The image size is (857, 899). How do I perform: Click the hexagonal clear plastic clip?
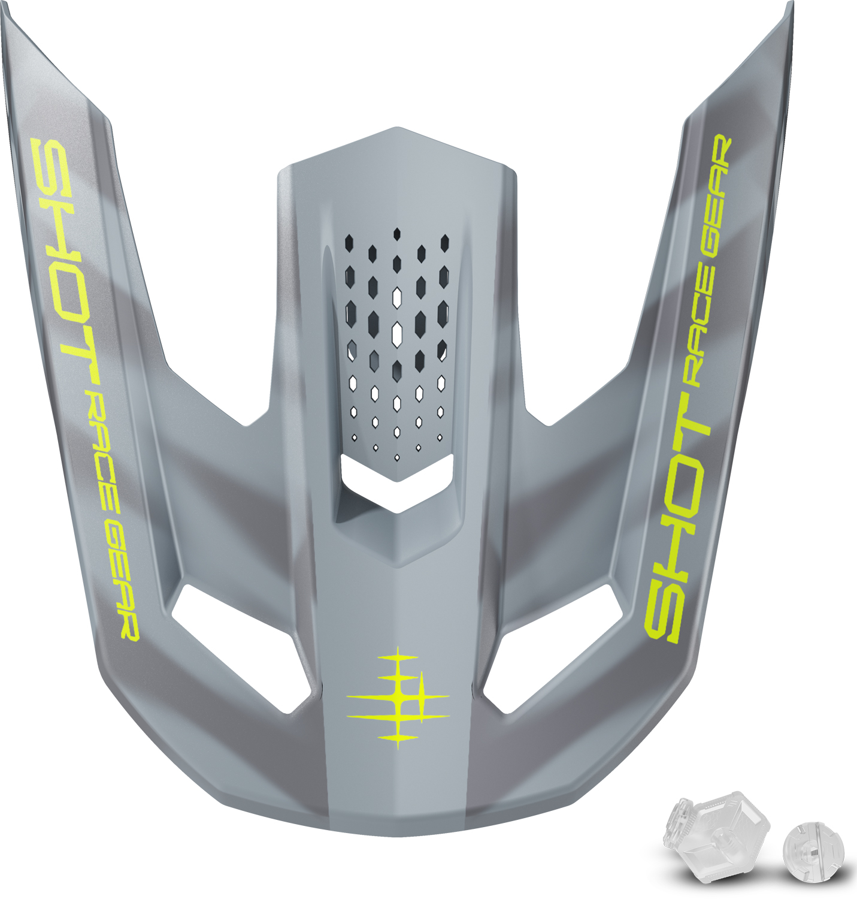coord(716,838)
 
